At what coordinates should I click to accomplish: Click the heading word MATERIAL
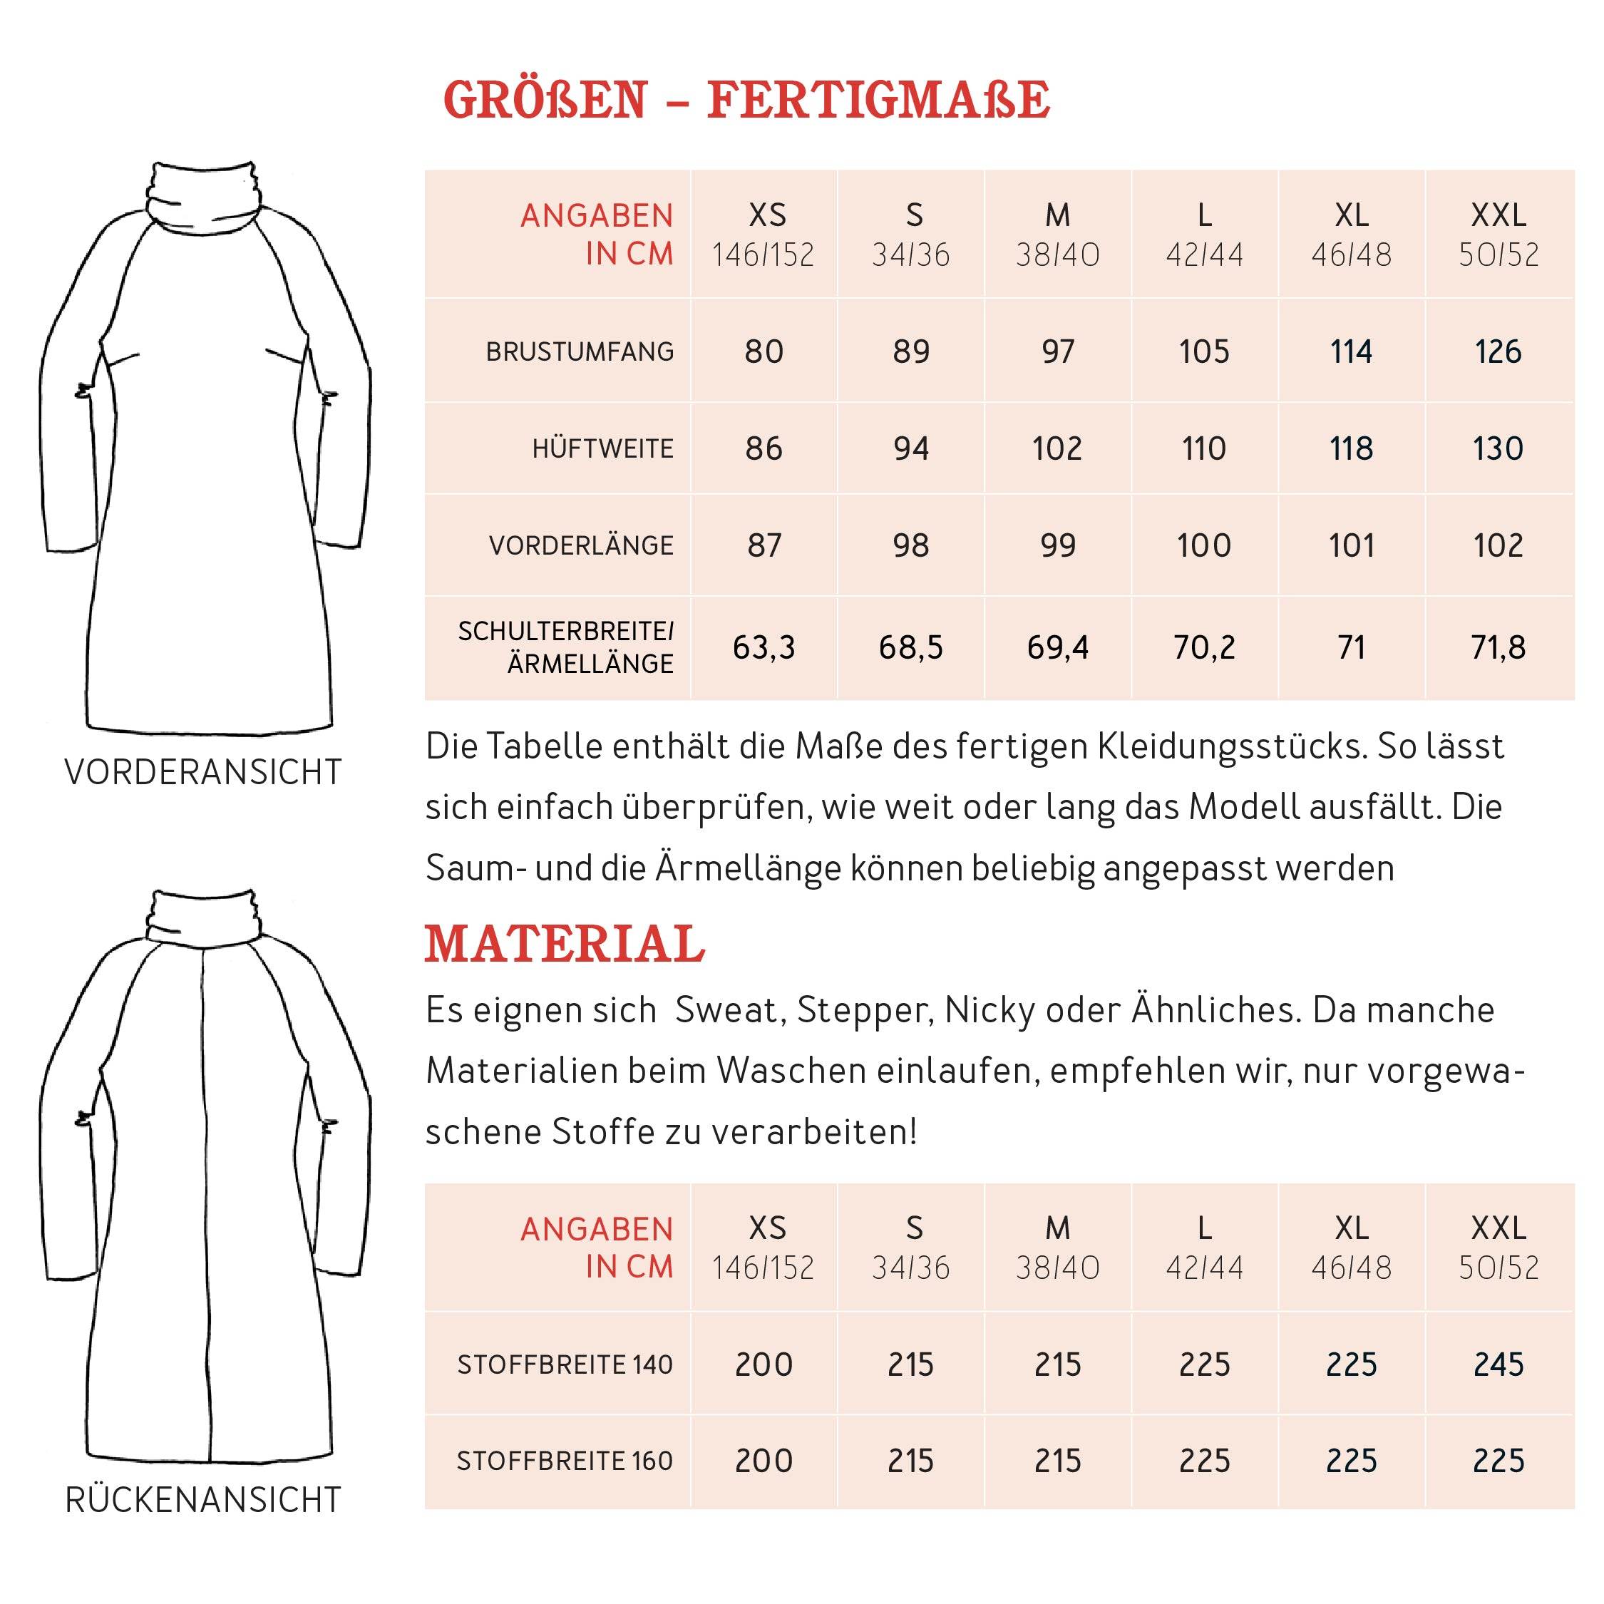[565, 945]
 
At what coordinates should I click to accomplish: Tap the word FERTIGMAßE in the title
[878, 101]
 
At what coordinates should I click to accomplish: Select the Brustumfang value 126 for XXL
[1498, 352]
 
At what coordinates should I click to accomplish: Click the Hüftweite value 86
[764, 449]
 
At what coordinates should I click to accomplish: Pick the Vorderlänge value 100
[1204, 545]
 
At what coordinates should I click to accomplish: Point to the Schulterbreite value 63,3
[764, 647]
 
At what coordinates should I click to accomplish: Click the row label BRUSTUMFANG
[580, 352]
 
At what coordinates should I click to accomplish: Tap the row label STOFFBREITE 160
[565, 1461]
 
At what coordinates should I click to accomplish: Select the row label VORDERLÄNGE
[581, 545]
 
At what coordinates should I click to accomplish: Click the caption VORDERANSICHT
[203, 773]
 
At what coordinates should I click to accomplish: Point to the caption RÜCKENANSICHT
[203, 1500]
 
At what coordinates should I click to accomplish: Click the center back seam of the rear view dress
[204, 1204]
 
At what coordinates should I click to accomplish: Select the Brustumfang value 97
[1057, 352]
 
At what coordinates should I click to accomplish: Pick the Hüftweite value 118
[1351, 449]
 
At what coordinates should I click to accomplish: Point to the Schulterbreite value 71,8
[1498, 647]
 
